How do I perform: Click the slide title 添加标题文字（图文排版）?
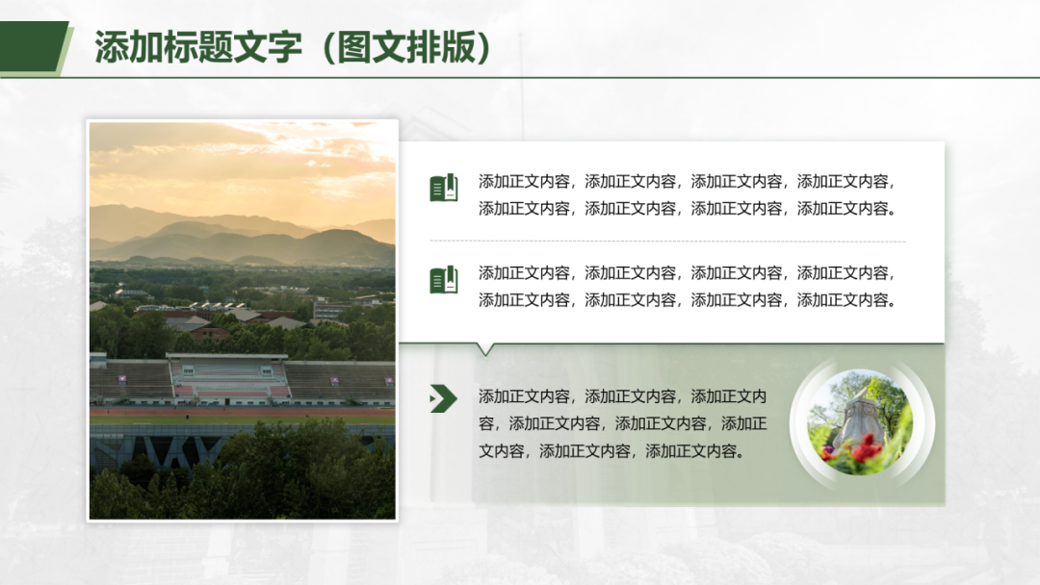[x=293, y=47]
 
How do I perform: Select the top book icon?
[x=444, y=188]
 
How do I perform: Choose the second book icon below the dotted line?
[x=444, y=280]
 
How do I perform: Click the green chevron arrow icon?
[x=444, y=398]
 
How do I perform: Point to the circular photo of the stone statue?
[x=860, y=422]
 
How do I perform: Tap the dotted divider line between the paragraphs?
[x=668, y=242]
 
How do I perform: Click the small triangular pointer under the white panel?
[x=485, y=350]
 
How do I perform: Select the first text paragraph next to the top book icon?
[x=688, y=194]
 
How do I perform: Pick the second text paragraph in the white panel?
[x=688, y=286]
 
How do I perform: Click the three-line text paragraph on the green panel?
[x=622, y=423]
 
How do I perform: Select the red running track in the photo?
[x=243, y=412]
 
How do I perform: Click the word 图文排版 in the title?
[x=406, y=47]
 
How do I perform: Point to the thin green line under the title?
[x=520, y=78]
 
